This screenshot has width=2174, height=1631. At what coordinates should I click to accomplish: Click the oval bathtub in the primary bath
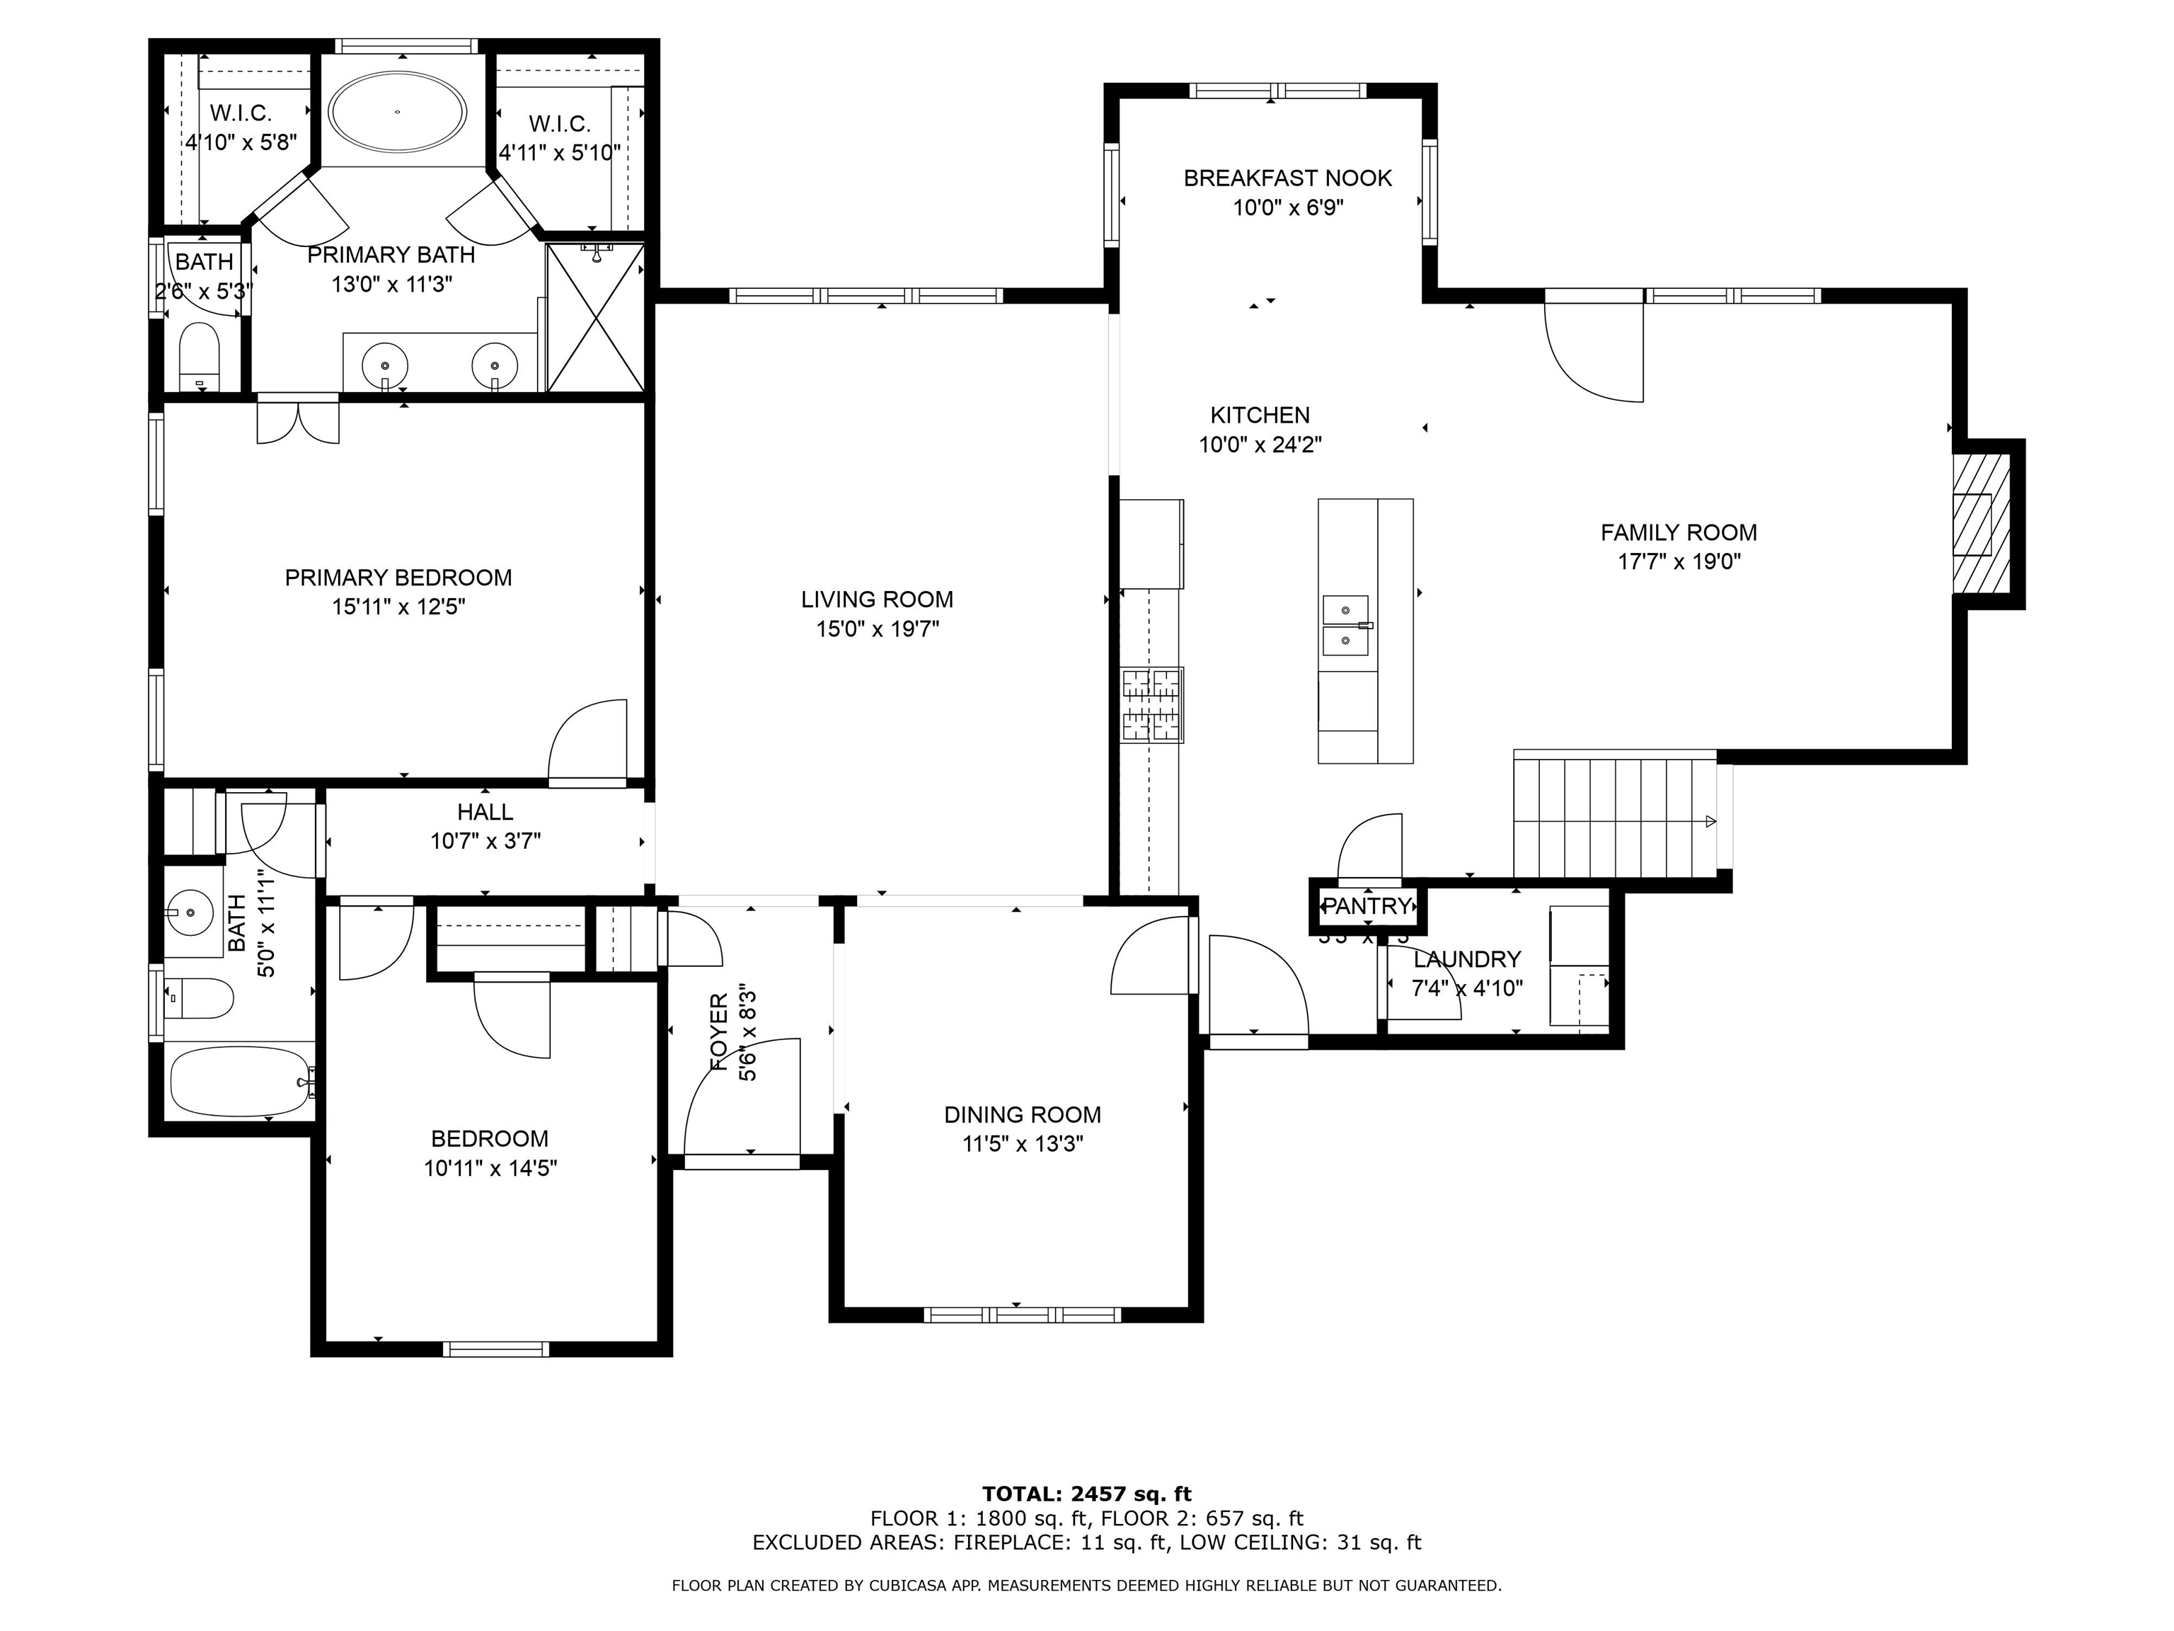pyautogui.click(x=397, y=112)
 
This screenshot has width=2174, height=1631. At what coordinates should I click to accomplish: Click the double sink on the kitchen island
pyautogui.click(x=1347, y=625)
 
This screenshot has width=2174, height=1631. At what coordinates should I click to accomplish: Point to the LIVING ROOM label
pyautogui.click(x=877, y=600)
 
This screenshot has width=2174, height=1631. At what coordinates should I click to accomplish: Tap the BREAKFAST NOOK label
pyautogui.click(x=1287, y=178)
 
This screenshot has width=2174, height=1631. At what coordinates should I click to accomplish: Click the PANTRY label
pyautogui.click(x=1367, y=906)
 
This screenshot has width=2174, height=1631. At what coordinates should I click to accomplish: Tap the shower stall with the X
pyautogui.click(x=596, y=318)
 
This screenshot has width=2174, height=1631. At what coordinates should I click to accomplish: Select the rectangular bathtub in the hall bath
pyautogui.click(x=241, y=1080)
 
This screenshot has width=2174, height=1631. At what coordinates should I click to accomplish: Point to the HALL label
pyautogui.click(x=485, y=812)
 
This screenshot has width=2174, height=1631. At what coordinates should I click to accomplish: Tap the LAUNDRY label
pyautogui.click(x=1466, y=958)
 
